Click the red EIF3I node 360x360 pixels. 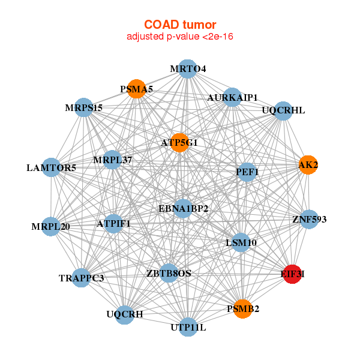tap(292, 274)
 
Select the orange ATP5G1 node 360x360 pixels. tap(179, 143)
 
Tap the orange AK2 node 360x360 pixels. tap(308, 165)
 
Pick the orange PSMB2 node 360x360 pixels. tap(243, 309)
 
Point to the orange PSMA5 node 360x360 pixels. tap(137, 89)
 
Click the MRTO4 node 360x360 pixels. tap(188, 69)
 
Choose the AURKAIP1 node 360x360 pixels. tap(232, 97)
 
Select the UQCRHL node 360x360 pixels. tap(283, 110)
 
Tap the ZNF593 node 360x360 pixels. tap(309, 219)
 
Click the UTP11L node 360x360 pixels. tap(188, 327)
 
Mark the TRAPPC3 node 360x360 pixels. tap(82, 278)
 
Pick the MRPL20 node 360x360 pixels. tap(51, 226)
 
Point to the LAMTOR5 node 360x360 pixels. tap(52, 167)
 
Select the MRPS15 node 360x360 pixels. tap(83, 107)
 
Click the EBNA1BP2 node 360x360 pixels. tap(183, 208)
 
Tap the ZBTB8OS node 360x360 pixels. tap(169, 273)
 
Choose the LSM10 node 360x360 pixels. tap(241, 242)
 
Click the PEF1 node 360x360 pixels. tap(247, 172)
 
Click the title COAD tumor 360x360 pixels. tap(180, 25)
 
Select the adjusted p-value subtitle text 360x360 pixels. tap(180, 37)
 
